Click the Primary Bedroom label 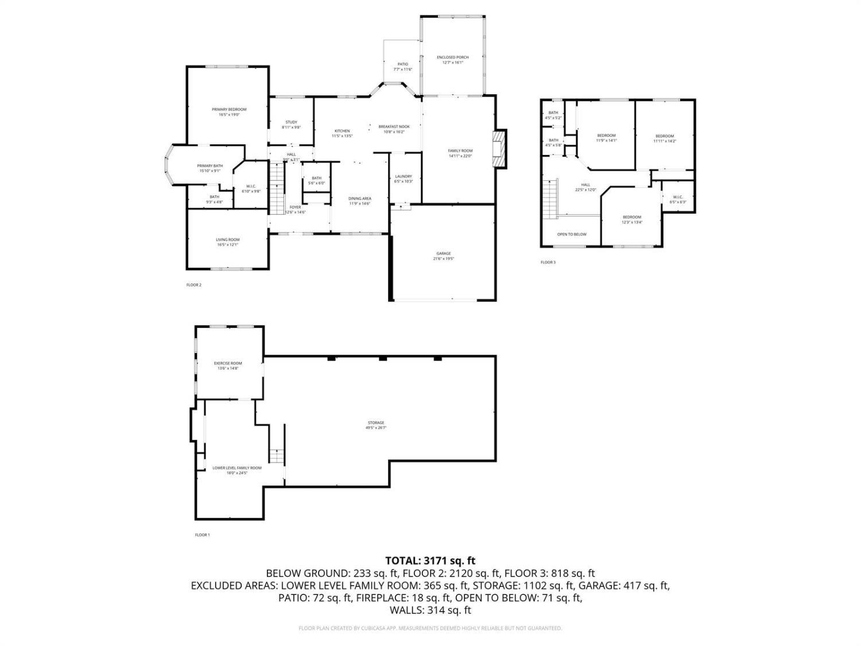click(228, 110)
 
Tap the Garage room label click(443, 253)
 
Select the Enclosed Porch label click(452, 57)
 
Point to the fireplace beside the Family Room click(501, 149)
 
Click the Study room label click(291, 122)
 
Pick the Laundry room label click(404, 176)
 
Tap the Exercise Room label click(228, 363)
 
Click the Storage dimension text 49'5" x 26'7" click(376, 428)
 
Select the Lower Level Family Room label click(236, 468)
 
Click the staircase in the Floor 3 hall click(552, 199)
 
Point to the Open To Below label click(572, 234)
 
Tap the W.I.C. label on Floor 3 click(677, 197)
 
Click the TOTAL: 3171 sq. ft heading click(430, 560)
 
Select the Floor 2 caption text click(194, 285)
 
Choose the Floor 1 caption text click(202, 535)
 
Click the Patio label click(402, 64)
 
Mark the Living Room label click(228, 239)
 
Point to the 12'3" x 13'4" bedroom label click(632, 217)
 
